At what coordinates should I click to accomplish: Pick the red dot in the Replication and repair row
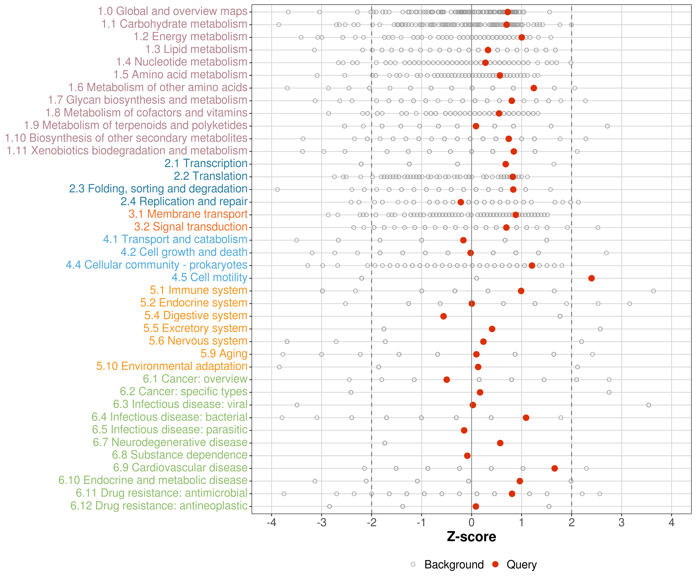pyautogui.click(x=461, y=202)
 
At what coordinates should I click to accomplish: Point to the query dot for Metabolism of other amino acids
pyautogui.click(x=534, y=88)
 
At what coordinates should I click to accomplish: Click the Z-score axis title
pyautogui.click(x=471, y=536)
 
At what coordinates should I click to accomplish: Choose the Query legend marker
pyautogui.click(x=496, y=564)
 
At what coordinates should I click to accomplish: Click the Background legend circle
pyautogui.click(x=413, y=564)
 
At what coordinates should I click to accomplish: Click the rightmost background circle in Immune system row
pyautogui.click(x=653, y=291)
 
